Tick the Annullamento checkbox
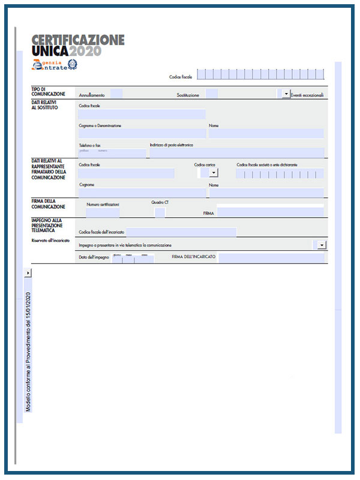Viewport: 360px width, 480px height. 117,94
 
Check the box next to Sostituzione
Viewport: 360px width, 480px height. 211,94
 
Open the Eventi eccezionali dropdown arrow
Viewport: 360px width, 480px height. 286,94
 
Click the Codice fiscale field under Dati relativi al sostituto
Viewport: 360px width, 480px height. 142,114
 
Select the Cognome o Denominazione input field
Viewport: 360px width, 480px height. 142,134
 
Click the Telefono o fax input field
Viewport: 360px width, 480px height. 112,153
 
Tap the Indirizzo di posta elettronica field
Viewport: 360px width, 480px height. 237,153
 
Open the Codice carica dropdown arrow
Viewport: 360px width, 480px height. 213,173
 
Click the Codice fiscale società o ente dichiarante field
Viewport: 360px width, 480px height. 279,174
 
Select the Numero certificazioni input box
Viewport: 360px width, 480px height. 103,212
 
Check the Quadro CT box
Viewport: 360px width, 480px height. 160,212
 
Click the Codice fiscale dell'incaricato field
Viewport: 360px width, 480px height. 181,232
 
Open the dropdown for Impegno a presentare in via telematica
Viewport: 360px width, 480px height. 322,245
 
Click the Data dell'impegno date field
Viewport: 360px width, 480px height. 133,258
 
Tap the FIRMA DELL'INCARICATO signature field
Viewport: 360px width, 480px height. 271,257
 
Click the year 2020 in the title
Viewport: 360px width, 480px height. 86,52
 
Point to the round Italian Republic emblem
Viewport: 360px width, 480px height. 71,64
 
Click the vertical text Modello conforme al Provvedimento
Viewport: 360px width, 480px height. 28,351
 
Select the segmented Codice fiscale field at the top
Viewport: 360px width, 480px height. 260,74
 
